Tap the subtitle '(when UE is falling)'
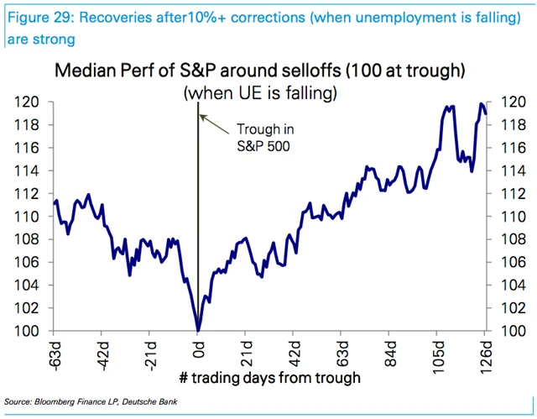(261, 92)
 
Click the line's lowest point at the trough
(198, 330)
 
